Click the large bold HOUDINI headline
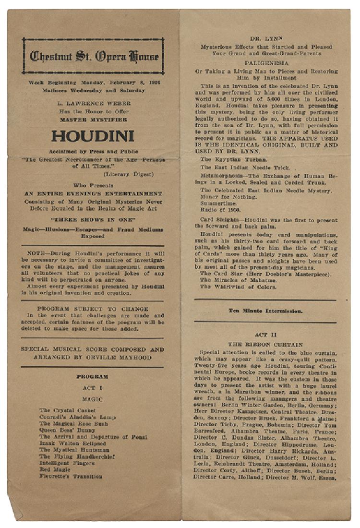click(93, 136)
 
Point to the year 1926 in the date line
click(153, 82)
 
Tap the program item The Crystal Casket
click(67, 410)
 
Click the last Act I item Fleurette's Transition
click(71, 477)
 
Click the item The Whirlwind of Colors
click(238, 287)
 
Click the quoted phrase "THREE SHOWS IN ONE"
click(93, 220)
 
